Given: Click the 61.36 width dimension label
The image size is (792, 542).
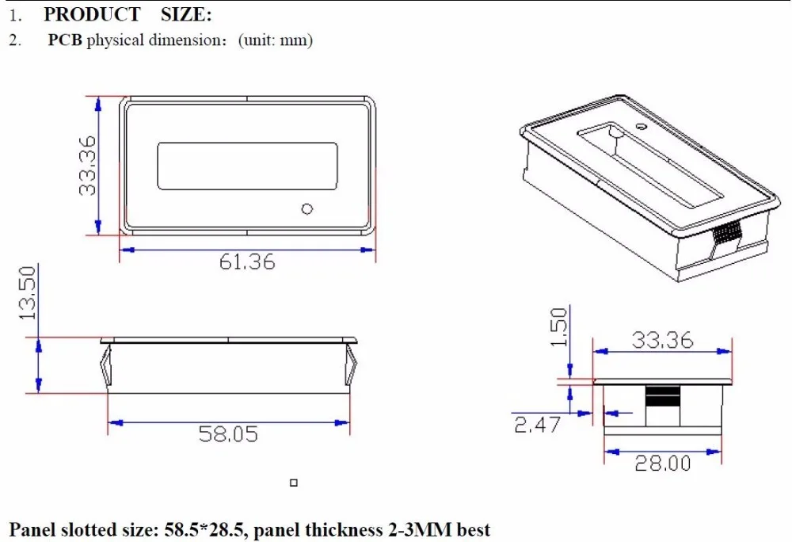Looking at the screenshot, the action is (247, 261).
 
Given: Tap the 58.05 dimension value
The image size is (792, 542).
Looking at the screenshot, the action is (228, 434).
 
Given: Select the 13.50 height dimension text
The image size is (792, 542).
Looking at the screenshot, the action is (29, 292).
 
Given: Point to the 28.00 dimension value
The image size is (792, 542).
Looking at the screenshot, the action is (663, 464).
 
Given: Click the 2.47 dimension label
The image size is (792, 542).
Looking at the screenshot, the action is (537, 424).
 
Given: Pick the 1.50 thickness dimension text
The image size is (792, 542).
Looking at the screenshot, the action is (558, 326).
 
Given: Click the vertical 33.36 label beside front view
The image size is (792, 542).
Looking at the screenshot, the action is (87, 165).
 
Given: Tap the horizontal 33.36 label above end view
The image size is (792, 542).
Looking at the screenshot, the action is (662, 340).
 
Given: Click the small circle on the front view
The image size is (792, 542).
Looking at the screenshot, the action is (307, 208).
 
